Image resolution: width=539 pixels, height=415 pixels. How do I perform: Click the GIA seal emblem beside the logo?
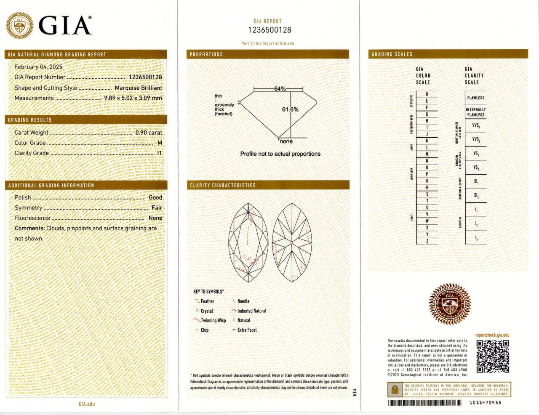click(19, 26)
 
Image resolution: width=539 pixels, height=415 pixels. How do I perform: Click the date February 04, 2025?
click(38, 67)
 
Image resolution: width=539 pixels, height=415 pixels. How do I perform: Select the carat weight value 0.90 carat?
click(149, 133)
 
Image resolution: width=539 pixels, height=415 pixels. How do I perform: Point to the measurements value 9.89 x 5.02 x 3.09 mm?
click(133, 98)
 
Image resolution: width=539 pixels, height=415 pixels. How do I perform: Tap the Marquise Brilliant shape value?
click(138, 88)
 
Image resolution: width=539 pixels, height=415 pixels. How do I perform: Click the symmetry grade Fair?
click(157, 208)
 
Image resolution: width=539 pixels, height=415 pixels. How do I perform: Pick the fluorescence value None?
click(155, 218)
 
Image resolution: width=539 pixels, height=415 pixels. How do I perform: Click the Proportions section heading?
click(206, 54)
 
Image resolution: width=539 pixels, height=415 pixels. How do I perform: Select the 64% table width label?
click(280, 89)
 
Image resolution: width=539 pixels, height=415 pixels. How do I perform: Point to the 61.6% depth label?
click(290, 109)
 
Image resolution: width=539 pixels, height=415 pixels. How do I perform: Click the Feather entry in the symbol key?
click(207, 301)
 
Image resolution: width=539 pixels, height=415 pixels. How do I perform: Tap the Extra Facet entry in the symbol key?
click(247, 330)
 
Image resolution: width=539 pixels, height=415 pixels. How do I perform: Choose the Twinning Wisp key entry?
click(213, 320)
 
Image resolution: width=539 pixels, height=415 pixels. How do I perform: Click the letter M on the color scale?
click(427, 154)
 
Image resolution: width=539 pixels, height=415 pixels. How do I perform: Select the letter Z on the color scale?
click(427, 241)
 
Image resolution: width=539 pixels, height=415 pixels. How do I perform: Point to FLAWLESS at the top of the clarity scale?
click(475, 98)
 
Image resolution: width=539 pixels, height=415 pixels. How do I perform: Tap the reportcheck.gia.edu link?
click(492, 335)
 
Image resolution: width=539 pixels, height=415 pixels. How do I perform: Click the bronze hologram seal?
click(449, 304)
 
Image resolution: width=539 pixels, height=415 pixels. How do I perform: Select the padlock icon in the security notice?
click(395, 390)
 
